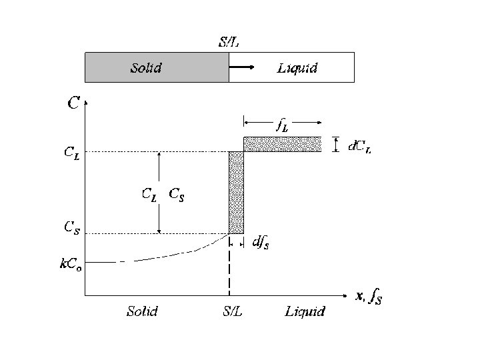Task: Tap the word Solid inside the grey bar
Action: pos(146,67)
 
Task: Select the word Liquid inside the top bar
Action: pos(297,67)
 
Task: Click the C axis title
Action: pos(73,103)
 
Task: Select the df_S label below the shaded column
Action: pos(261,244)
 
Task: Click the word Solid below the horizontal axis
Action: pos(143,311)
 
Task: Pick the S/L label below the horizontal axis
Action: pos(228,311)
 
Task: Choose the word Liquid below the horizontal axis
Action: pos(305,311)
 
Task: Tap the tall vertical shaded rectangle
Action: pos(236,193)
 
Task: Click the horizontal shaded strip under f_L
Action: pos(282,144)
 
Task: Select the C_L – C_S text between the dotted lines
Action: pos(164,195)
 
